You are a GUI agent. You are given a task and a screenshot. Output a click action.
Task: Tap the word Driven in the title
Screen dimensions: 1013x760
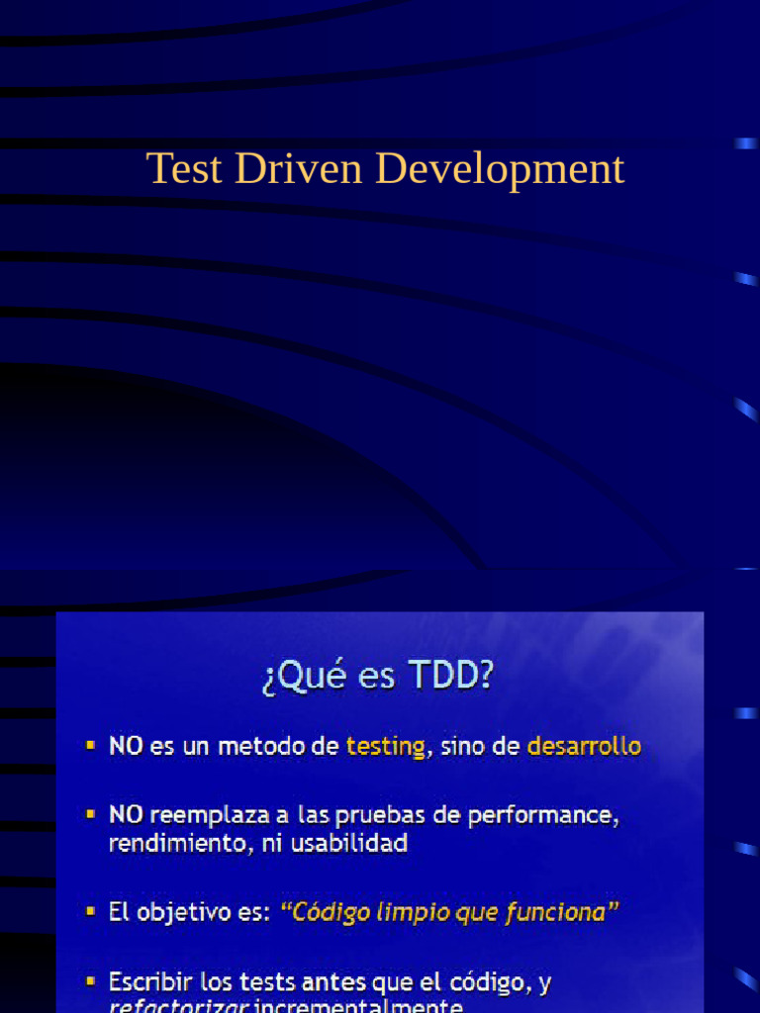pyautogui.click(x=299, y=168)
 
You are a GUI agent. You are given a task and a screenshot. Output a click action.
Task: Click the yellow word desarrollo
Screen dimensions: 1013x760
pyautogui.click(x=584, y=747)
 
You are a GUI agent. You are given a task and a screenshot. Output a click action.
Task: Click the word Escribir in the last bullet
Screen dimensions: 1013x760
pyautogui.click(x=151, y=982)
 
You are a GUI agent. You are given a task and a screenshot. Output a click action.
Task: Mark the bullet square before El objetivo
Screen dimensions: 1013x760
pyautogui.click(x=91, y=910)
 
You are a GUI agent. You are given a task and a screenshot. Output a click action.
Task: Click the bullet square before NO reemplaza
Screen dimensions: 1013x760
pyautogui.click(x=91, y=814)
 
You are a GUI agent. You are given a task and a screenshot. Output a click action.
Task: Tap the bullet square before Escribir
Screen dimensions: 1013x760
pyautogui.click(x=91, y=981)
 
